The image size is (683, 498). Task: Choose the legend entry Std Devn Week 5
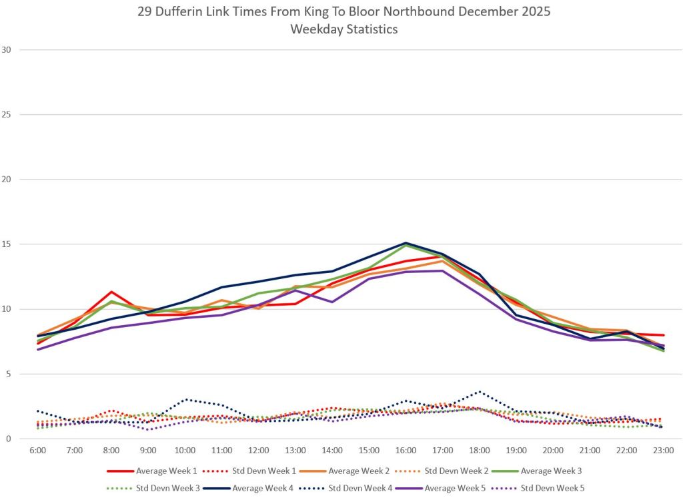(553, 488)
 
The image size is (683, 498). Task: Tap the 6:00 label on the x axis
(37, 451)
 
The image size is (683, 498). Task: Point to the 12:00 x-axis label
(258, 451)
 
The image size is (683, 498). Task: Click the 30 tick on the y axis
(8, 49)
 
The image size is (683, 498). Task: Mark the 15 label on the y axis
(8, 244)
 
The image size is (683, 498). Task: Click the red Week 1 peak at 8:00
(111, 292)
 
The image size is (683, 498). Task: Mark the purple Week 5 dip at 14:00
(332, 302)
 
